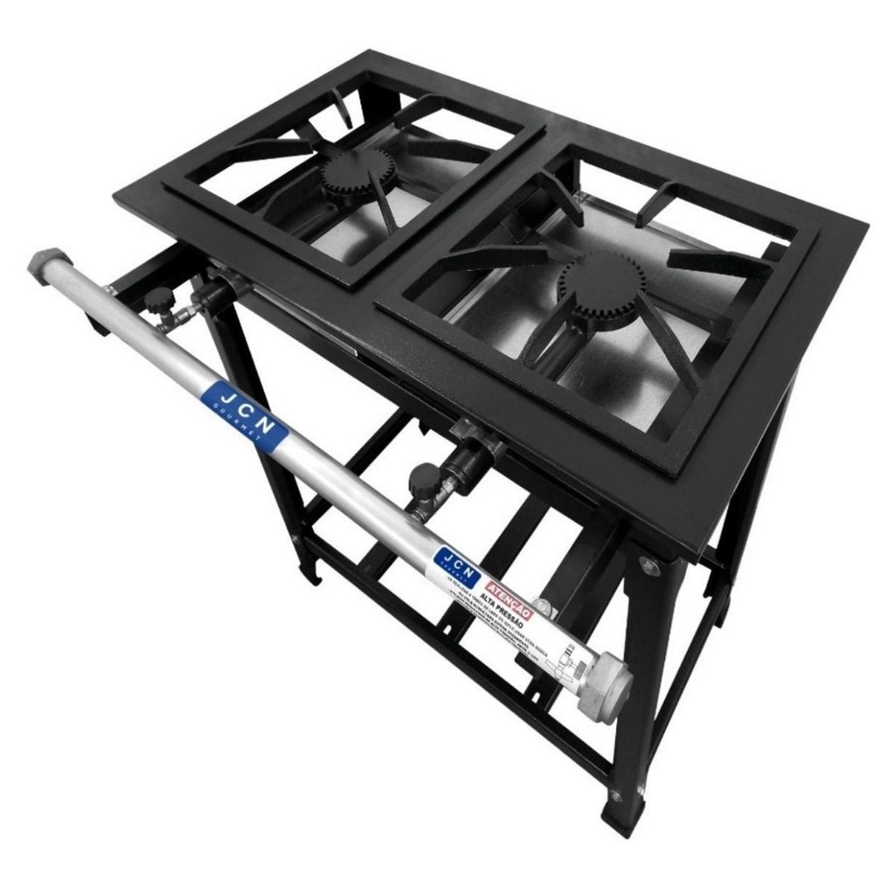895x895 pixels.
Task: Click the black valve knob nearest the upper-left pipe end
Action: [159, 301]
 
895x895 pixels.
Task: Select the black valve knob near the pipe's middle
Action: [424, 478]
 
